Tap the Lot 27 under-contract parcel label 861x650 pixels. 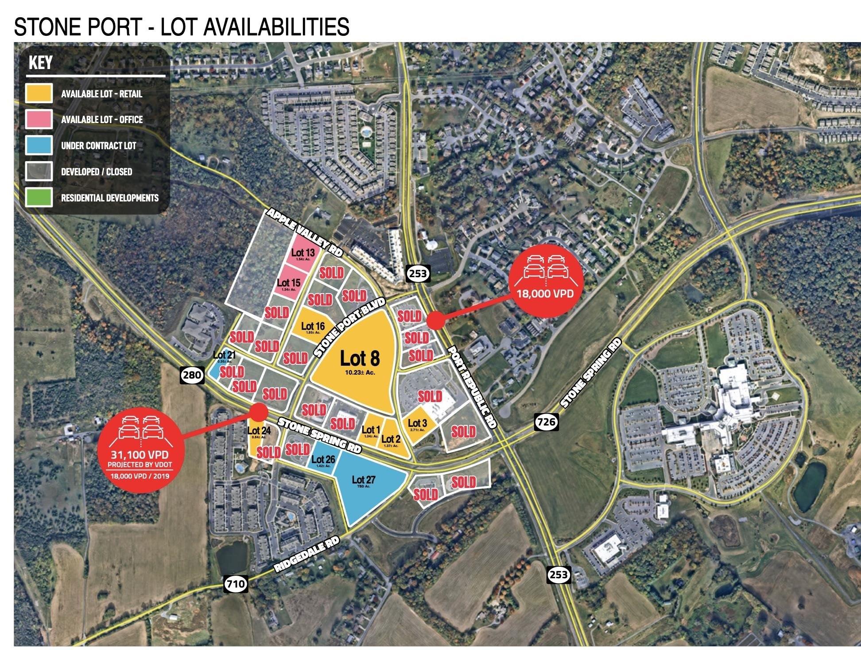tap(364, 480)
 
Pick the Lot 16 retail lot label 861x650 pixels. tap(313, 327)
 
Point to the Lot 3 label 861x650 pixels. tap(417, 424)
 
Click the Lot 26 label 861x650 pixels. tap(324, 460)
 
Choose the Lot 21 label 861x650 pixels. tap(224, 355)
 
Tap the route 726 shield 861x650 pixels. tap(545, 422)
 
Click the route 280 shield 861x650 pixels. tap(192, 375)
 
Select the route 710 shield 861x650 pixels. tap(235, 584)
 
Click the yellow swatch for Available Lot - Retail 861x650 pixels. tap(39, 93)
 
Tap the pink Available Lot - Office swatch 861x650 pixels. tap(39, 120)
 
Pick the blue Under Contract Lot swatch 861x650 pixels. tap(39, 146)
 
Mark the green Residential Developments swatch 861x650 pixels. tap(39, 197)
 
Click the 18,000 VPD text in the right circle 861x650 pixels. tap(545, 294)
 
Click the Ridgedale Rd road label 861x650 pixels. tap(307, 554)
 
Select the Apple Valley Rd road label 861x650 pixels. tap(305, 232)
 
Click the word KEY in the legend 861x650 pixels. tap(40, 63)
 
